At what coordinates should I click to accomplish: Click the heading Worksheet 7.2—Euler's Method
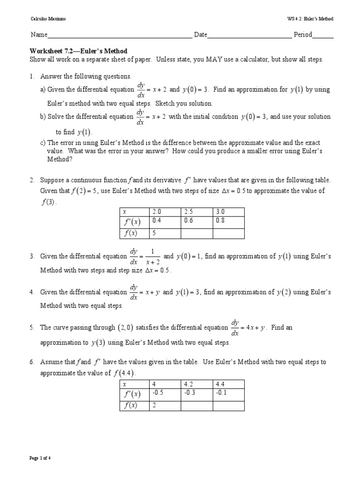tap(79, 51)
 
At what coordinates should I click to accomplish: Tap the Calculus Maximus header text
tap(48, 19)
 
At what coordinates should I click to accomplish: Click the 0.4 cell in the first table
tap(164, 221)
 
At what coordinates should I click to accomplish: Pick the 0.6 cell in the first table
tap(196, 221)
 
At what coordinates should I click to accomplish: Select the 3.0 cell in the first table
tap(229, 211)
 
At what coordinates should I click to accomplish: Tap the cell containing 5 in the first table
tap(164, 233)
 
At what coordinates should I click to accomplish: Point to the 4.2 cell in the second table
tap(196, 383)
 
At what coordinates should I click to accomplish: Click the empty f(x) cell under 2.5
tap(196, 233)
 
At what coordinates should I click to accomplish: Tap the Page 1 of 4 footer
tap(40, 458)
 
